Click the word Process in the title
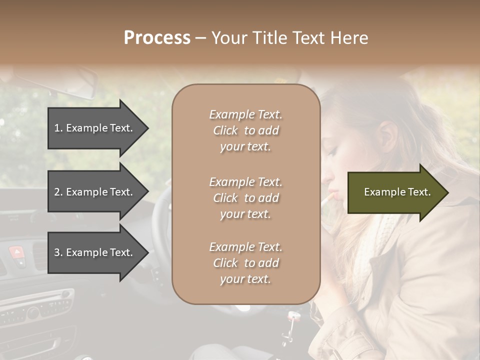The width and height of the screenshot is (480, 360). pyautogui.click(x=157, y=38)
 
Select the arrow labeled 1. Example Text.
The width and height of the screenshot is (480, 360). pyautogui.click(x=95, y=128)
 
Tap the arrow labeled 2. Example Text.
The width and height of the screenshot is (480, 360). pyautogui.click(x=95, y=192)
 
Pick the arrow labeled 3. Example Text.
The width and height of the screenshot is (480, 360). pyautogui.click(x=95, y=252)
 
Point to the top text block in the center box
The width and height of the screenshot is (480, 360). pyautogui.click(x=245, y=130)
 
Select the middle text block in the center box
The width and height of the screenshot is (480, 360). pyautogui.click(x=245, y=198)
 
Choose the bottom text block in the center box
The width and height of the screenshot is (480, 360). pyautogui.click(x=245, y=263)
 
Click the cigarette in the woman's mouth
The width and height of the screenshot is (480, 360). pyautogui.click(x=327, y=198)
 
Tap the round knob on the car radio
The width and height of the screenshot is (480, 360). pyautogui.click(x=33, y=313)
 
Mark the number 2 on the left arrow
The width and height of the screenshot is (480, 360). pyautogui.click(x=57, y=192)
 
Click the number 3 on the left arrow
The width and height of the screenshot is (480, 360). pyautogui.click(x=57, y=252)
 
